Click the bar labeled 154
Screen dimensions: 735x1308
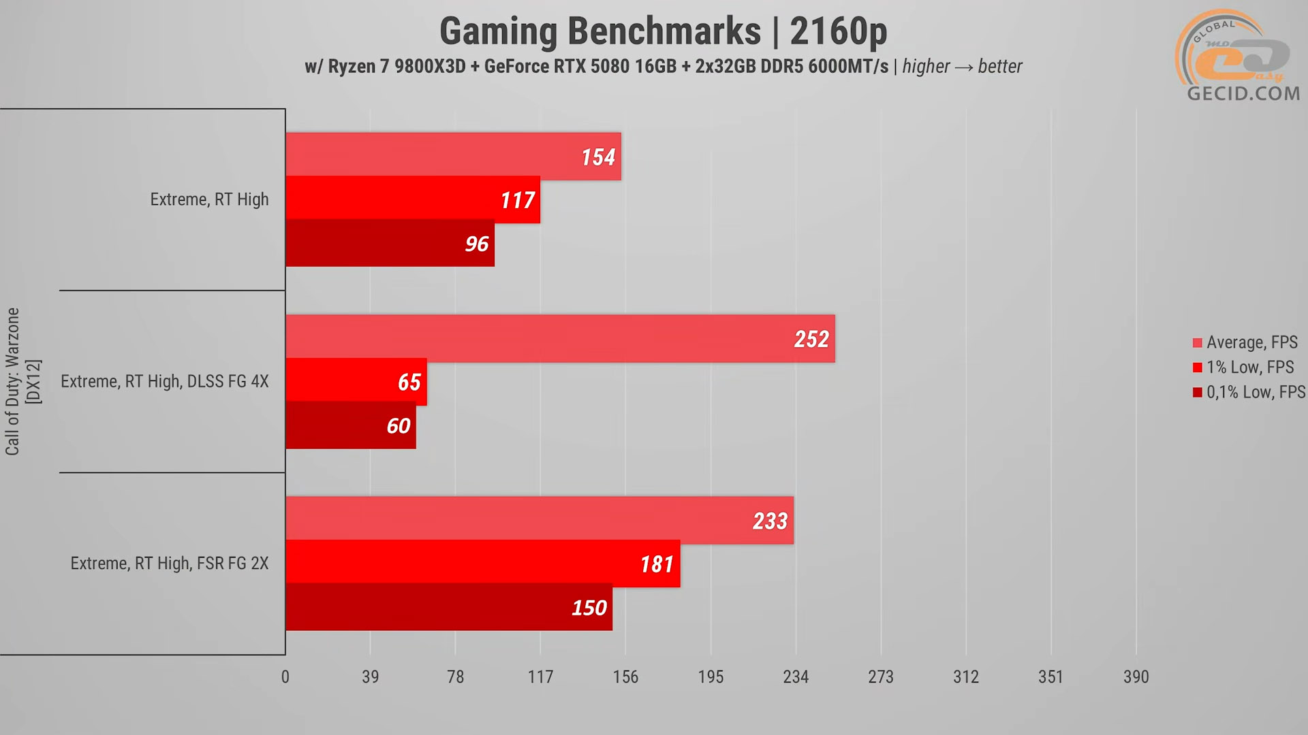(x=453, y=157)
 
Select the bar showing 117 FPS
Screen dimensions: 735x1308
(x=413, y=199)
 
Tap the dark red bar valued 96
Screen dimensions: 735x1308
(x=390, y=243)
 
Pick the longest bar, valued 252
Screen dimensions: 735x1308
(x=560, y=338)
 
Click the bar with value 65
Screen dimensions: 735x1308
(x=356, y=381)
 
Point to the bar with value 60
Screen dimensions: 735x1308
(x=351, y=425)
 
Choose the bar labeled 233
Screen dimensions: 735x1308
(x=540, y=520)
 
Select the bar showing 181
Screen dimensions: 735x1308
(x=483, y=563)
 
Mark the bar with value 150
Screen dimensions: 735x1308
(x=449, y=607)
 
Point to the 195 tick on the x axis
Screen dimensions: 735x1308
(x=711, y=676)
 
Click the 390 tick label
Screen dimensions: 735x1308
(x=1136, y=676)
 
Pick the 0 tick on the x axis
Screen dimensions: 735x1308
(x=285, y=676)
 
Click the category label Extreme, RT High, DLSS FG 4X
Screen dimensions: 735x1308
(x=165, y=381)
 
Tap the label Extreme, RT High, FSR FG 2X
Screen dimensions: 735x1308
(x=170, y=563)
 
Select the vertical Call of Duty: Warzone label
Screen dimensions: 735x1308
(x=13, y=381)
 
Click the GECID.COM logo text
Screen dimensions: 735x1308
(x=1243, y=93)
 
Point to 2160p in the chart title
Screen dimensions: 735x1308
(x=839, y=31)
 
